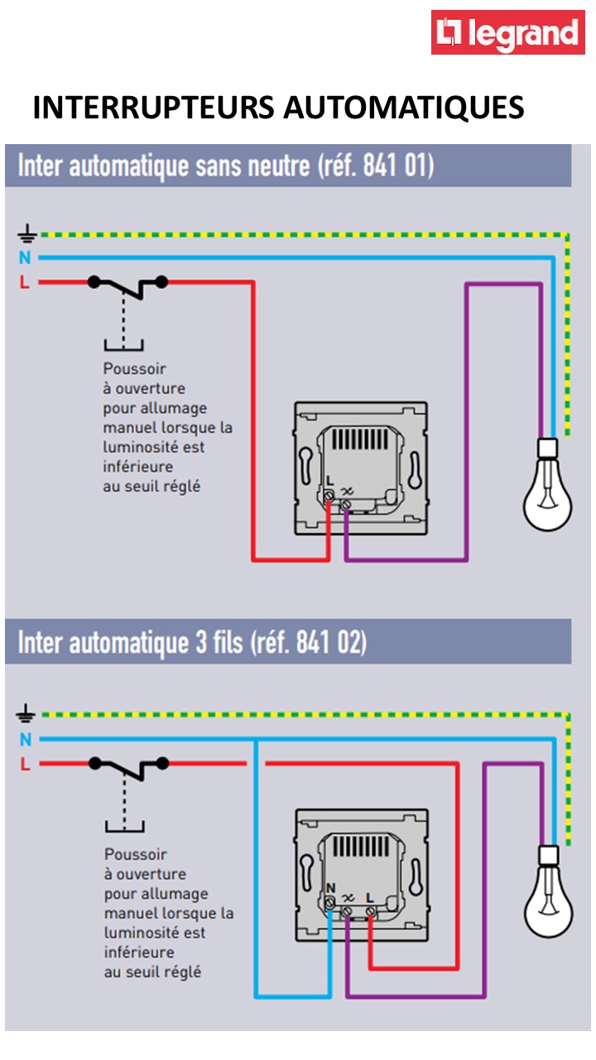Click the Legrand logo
(507, 33)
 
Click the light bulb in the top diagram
(547, 489)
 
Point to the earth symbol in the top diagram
(25, 234)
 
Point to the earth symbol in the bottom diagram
(25, 712)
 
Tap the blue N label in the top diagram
(25, 258)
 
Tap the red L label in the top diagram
(24, 282)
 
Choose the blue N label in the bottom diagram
(25, 739)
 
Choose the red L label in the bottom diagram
(25, 764)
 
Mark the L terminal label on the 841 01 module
(329, 480)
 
